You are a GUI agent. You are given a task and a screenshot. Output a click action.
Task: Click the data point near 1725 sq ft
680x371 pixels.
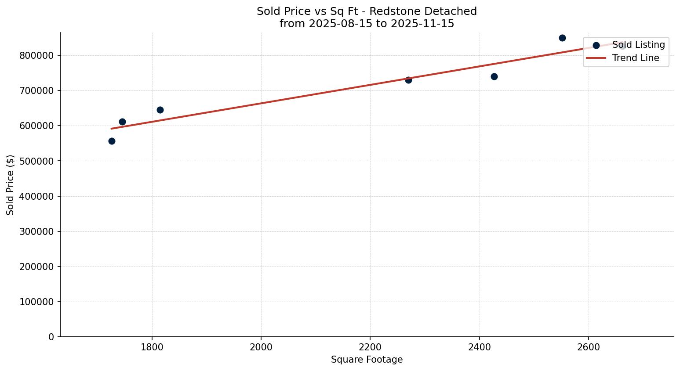coord(112,141)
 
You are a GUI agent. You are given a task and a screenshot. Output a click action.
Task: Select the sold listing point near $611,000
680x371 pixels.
coord(122,122)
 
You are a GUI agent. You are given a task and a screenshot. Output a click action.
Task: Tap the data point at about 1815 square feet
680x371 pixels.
coord(160,110)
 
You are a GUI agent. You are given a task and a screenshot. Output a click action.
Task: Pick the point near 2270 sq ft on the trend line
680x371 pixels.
coord(408,80)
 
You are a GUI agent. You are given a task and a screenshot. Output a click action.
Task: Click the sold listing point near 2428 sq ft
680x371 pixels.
coord(494,76)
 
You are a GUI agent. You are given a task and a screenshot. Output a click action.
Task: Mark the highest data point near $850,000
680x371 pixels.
coord(562,38)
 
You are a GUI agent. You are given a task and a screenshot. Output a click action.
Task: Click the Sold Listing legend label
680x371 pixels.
coord(638,45)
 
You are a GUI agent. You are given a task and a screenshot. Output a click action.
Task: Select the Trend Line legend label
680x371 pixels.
coord(636,58)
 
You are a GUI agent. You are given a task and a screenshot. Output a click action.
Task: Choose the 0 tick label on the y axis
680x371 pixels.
coord(51,337)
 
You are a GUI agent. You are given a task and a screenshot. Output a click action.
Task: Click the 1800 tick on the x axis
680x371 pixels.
coord(152,347)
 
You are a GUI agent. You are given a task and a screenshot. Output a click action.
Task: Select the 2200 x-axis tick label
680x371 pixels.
coord(370,347)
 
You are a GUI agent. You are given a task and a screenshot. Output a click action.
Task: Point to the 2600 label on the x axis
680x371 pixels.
coord(588,347)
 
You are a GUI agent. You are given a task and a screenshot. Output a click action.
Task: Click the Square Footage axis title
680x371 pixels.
coord(367,360)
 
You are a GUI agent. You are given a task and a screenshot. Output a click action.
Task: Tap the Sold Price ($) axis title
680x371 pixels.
coord(11,185)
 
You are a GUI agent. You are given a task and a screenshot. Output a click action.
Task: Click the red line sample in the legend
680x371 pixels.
coord(596,58)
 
